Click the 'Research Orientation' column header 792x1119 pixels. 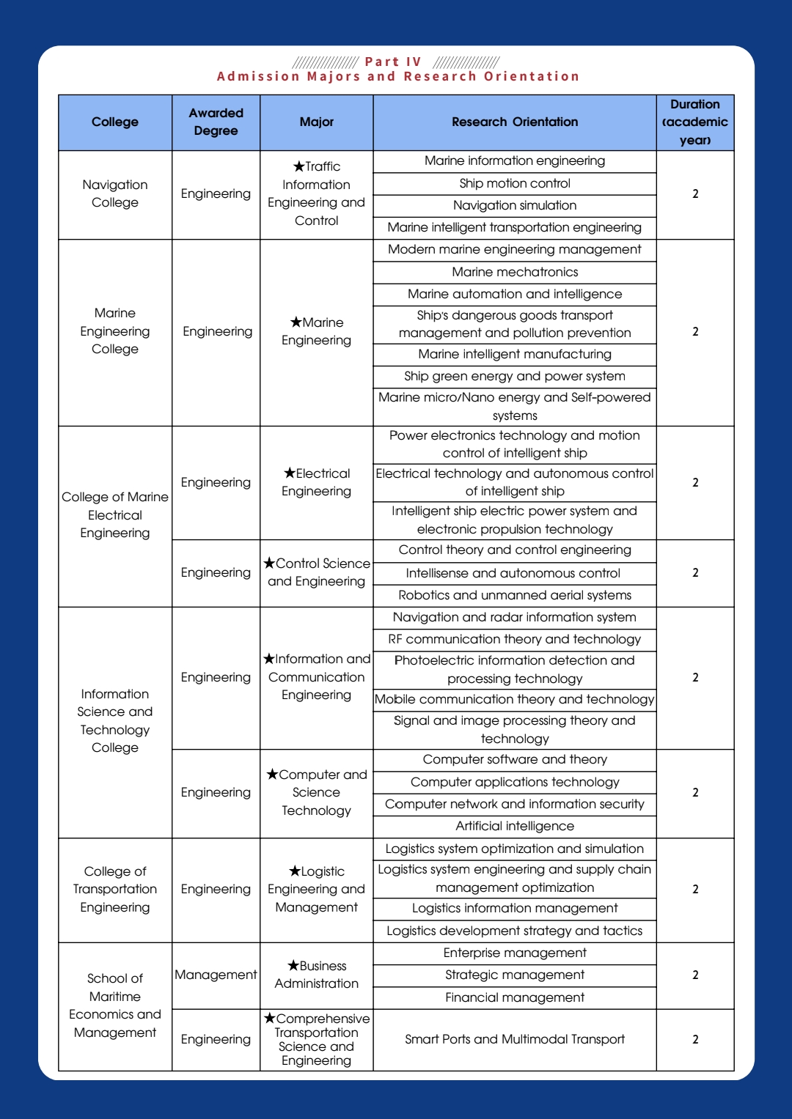[x=515, y=122]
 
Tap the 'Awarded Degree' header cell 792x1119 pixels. [x=216, y=122]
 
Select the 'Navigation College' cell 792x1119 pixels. [x=115, y=193]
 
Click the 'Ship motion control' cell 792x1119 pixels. [x=515, y=183]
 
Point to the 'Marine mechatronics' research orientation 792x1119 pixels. [x=515, y=272]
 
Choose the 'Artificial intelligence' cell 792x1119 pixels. [x=515, y=826]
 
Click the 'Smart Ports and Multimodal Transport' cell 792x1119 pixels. [x=515, y=1039]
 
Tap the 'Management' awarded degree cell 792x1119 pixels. [x=216, y=975]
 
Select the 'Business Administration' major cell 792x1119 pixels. [x=317, y=975]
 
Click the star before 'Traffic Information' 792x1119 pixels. [x=298, y=166]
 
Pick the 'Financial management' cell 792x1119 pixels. [x=515, y=997]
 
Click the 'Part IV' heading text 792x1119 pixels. [x=393, y=62]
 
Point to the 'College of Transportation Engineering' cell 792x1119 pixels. [x=115, y=889]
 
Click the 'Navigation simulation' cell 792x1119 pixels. [x=515, y=205]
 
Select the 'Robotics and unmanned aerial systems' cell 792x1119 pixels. [x=515, y=595]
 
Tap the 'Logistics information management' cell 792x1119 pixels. [x=515, y=908]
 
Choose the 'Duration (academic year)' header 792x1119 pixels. [x=695, y=122]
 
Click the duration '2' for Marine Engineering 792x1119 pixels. [x=695, y=331]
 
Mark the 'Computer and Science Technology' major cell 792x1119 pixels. [x=317, y=792]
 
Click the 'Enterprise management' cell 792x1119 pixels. [x=515, y=953]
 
